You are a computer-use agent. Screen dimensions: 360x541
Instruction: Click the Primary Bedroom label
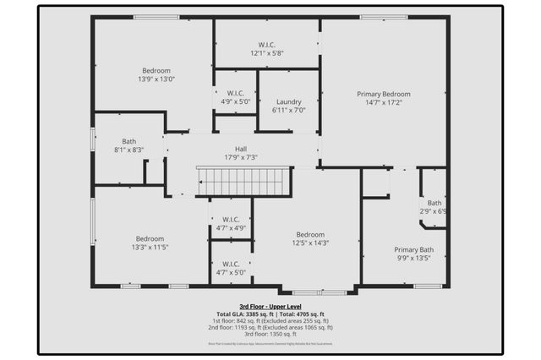tap(383, 94)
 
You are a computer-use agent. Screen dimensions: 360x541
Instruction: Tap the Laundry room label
tap(288, 101)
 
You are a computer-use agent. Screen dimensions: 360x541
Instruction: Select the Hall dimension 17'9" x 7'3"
tap(241, 157)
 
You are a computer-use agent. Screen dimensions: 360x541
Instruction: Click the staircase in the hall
tap(243, 181)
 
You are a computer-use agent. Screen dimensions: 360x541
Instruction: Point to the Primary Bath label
tap(414, 249)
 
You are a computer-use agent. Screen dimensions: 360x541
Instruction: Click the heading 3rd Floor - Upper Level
tap(270, 307)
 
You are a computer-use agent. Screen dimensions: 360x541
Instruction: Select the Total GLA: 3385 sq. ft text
tap(241, 314)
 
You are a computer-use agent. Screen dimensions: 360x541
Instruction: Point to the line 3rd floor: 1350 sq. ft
tap(270, 334)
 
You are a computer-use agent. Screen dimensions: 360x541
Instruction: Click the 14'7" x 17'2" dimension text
tap(383, 102)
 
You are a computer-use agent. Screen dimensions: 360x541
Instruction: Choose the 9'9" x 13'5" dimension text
tap(414, 258)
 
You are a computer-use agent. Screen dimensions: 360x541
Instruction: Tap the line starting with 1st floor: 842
tap(270, 320)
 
